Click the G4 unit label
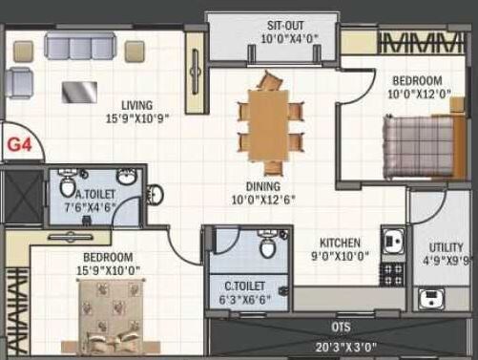point(20,145)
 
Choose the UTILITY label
point(446,245)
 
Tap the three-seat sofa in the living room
point(82,48)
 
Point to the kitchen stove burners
point(391,274)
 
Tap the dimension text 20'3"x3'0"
point(327,347)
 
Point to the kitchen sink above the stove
point(390,240)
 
